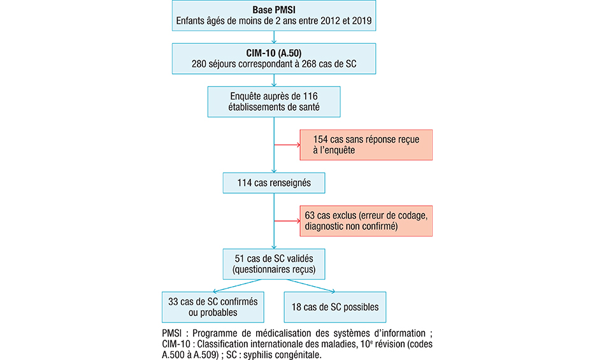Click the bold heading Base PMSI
(274, 11)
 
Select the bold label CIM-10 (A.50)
(274, 52)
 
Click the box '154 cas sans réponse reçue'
(366, 145)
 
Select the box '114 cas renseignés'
(274, 183)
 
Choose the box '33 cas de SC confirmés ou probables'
(213, 307)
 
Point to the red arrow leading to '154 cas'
(287, 145)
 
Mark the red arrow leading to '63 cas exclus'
(287, 221)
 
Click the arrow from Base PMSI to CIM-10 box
(274, 37)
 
